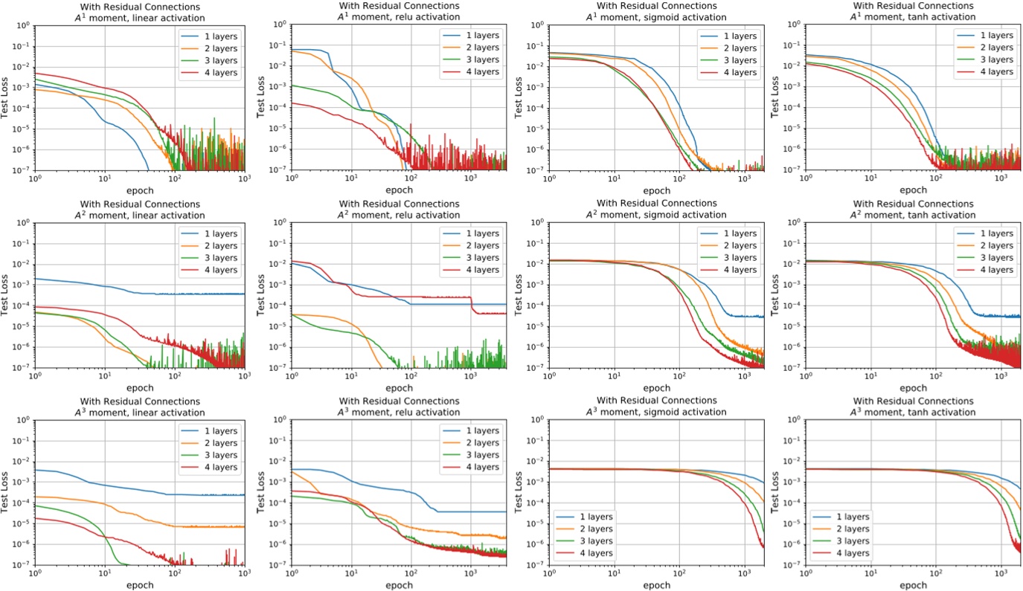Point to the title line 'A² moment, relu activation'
tap(399, 215)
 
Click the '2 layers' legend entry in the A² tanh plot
tap(987, 245)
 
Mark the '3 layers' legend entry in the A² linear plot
tap(216, 258)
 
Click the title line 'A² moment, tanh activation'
tap(914, 215)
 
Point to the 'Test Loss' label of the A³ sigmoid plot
tap(519, 492)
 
